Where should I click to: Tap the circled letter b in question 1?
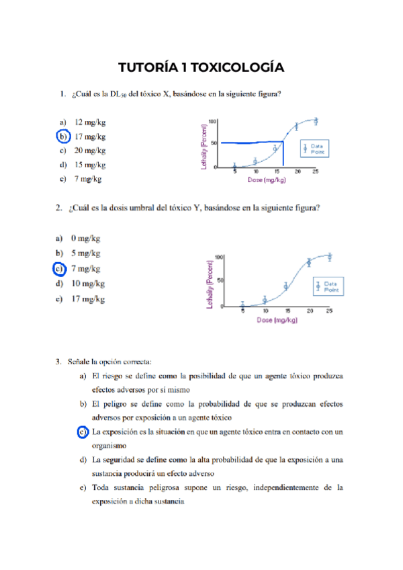[x=61, y=136]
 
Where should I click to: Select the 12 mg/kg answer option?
[x=89, y=122]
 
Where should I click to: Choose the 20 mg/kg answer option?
[x=89, y=151]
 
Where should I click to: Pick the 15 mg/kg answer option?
[x=89, y=165]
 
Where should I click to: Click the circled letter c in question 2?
[x=59, y=269]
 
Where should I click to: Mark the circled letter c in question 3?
[x=83, y=432]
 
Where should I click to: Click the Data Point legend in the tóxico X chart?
[x=314, y=149]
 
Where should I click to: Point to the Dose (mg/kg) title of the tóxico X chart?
[x=265, y=180]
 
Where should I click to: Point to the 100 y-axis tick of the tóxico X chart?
[x=213, y=122]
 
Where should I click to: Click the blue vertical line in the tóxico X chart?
[x=283, y=155]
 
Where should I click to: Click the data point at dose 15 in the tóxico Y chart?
[x=286, y=286]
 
